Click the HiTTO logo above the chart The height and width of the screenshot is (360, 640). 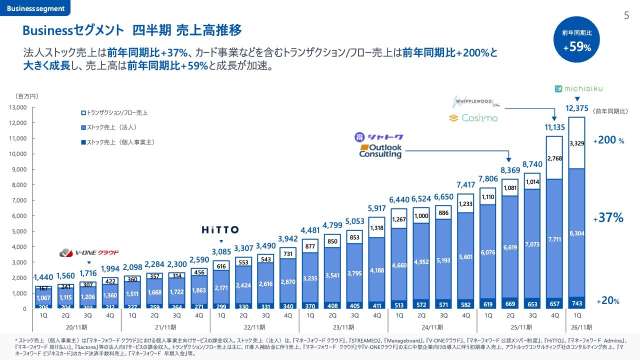[220, 230]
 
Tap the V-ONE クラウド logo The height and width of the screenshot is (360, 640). [89, 252]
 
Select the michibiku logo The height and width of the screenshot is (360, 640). [579, 89]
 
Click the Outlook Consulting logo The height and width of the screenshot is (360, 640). [380, 151]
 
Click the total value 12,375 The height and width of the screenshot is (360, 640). [576, 108]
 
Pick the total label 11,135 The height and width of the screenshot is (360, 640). [554, 127]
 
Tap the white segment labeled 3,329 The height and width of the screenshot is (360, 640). [576, 143]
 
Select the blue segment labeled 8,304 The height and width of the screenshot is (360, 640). [576, 233]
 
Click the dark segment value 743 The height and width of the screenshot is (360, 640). [576, 303]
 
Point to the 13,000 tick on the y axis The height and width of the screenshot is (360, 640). [17, 107]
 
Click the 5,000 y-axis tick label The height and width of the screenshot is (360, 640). [19, 231]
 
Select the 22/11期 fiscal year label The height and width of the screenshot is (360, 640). [254, 327]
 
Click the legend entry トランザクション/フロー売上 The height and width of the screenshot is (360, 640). [118, 113]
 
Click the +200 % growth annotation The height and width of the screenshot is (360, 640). [608, 141]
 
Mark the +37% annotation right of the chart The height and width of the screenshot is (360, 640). [608, 218]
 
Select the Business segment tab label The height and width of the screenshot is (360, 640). [35, 8]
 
